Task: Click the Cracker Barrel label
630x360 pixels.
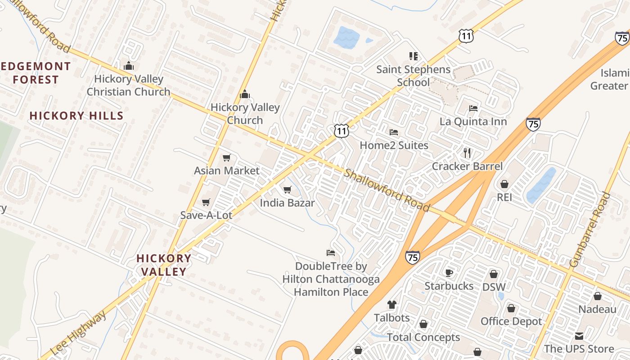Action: click(467, 166)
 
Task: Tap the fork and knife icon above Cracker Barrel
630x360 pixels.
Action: click(467, 153)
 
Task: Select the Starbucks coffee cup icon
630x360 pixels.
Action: click(449, 273)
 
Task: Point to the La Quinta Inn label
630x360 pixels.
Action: click(473, 121)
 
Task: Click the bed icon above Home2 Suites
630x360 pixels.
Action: click(394, 132)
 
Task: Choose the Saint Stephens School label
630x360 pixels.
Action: click(413, 76)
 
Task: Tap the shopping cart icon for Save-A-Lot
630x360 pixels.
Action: click(206, 202)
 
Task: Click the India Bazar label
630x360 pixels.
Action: click(287, 203)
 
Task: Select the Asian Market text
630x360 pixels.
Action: click(227, 171)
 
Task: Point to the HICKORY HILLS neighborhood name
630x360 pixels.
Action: click(76, 116)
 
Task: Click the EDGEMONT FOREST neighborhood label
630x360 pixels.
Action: click(36, 73)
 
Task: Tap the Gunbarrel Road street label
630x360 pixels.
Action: click(589, 229)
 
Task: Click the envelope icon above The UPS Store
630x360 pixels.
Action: click(579, 336)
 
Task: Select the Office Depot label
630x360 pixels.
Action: click(511, 321)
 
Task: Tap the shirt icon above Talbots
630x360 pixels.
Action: click(392, 305)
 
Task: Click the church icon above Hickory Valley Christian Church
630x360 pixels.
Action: click(129, 66)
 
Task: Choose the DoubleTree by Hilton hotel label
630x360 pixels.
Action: click(331, 279)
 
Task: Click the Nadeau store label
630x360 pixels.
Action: click(597, 310)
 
